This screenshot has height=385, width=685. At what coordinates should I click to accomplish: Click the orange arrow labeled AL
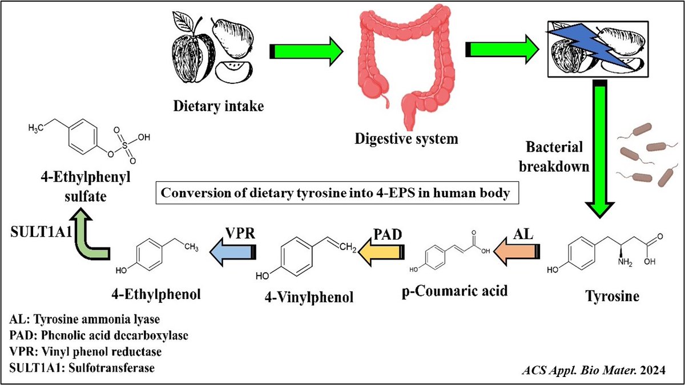(517, 251)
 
